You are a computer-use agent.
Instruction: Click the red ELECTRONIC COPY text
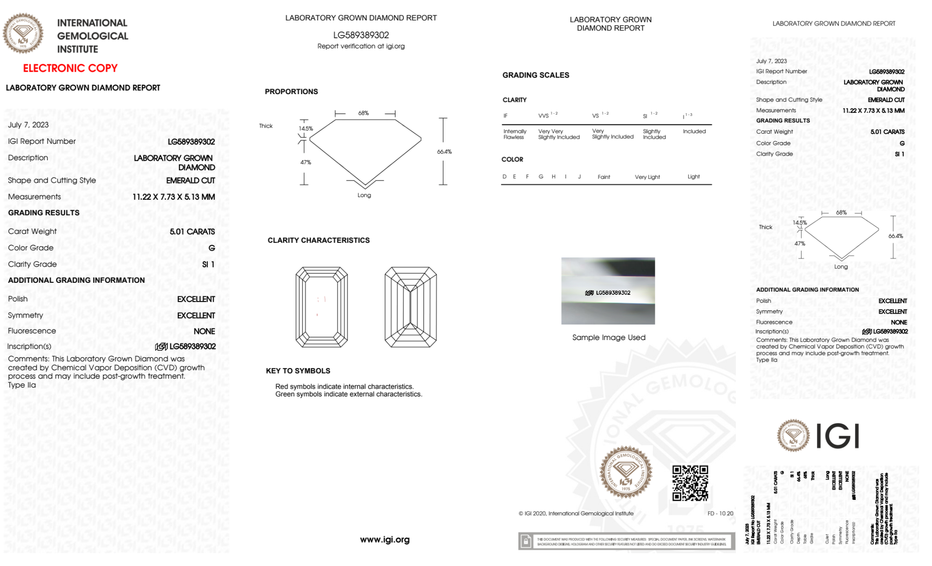pos(70,68)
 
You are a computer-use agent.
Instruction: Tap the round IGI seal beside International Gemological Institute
pos(23,33)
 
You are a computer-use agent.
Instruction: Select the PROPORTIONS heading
pos(291,92)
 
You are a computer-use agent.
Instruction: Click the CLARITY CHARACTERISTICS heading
pos(319,240)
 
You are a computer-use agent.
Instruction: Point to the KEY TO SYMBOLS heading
pos(298,371)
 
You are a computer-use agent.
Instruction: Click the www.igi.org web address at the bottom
pos(385,539)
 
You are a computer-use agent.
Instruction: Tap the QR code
pos(690,483)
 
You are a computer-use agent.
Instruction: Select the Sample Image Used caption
pos(609,337)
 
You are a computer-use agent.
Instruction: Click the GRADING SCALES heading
pos(536,75)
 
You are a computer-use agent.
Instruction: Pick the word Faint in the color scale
pos(604,177)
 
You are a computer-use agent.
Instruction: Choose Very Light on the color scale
pos(647,177)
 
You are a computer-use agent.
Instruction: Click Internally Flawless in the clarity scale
pos(515,134)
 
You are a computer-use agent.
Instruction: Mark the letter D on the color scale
pos(504,177)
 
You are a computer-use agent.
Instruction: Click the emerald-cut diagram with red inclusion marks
pos(321,307)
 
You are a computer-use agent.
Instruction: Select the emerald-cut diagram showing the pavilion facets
pos(410,307)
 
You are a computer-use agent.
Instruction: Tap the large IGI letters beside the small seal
pos(838,436)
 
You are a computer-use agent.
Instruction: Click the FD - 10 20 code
pos(720,513)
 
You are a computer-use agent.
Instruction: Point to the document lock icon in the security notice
pos(526,541)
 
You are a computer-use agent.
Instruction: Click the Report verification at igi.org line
pos(361,46)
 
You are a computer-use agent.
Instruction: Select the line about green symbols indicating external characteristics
pos(348,394)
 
